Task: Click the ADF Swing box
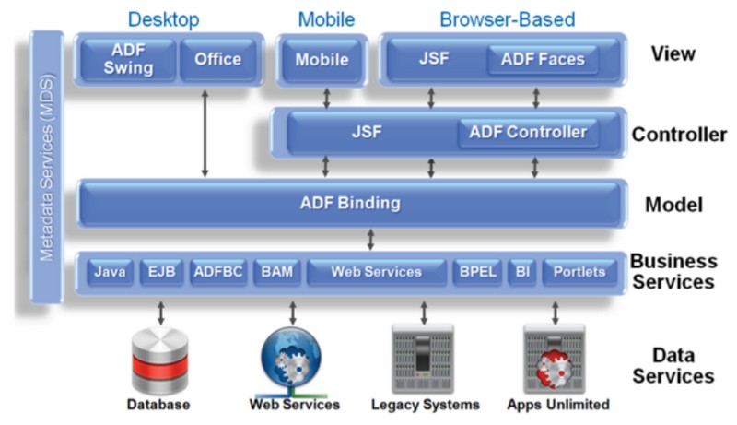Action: click(x=128, y=60)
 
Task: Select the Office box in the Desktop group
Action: click(x=217, y=60)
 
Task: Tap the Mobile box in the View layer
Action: click(x=322, y=60)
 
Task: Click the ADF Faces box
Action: click(x=542, y=60)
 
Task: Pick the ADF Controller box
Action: click(x=528, y=133)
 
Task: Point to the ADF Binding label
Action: click(x=349, y=204)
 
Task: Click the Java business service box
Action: click(x=111, y=272)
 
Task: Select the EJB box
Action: click(x=161, y=272)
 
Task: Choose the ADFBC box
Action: click(x=217, y=272)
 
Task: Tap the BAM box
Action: click(x=275, y=272)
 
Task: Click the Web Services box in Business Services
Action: click(x=376, y=272)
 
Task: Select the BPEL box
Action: click(x=476, y=272)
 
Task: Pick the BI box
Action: click(x=522, y=272)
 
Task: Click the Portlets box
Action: click(x=579, y=272)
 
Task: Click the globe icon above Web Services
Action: click(x=292, y=359)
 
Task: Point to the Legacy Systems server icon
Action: click(x=424, y=360)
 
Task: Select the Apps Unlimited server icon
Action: click(x=556, y=360)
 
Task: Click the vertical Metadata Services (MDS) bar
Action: click(x=47, y=166)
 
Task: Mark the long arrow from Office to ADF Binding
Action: click(x=205, y=134)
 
